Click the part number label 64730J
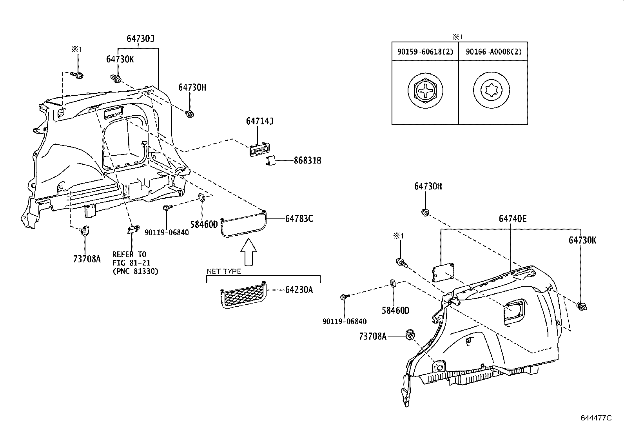141,38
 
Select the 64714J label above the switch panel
259,121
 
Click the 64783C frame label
299,219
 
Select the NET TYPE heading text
224,271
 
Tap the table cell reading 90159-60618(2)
425,52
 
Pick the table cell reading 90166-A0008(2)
493,52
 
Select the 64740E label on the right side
513,219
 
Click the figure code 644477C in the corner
596,418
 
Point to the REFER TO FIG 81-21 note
135,262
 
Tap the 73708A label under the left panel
87,259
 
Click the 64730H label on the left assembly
192,87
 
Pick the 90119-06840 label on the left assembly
167,232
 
